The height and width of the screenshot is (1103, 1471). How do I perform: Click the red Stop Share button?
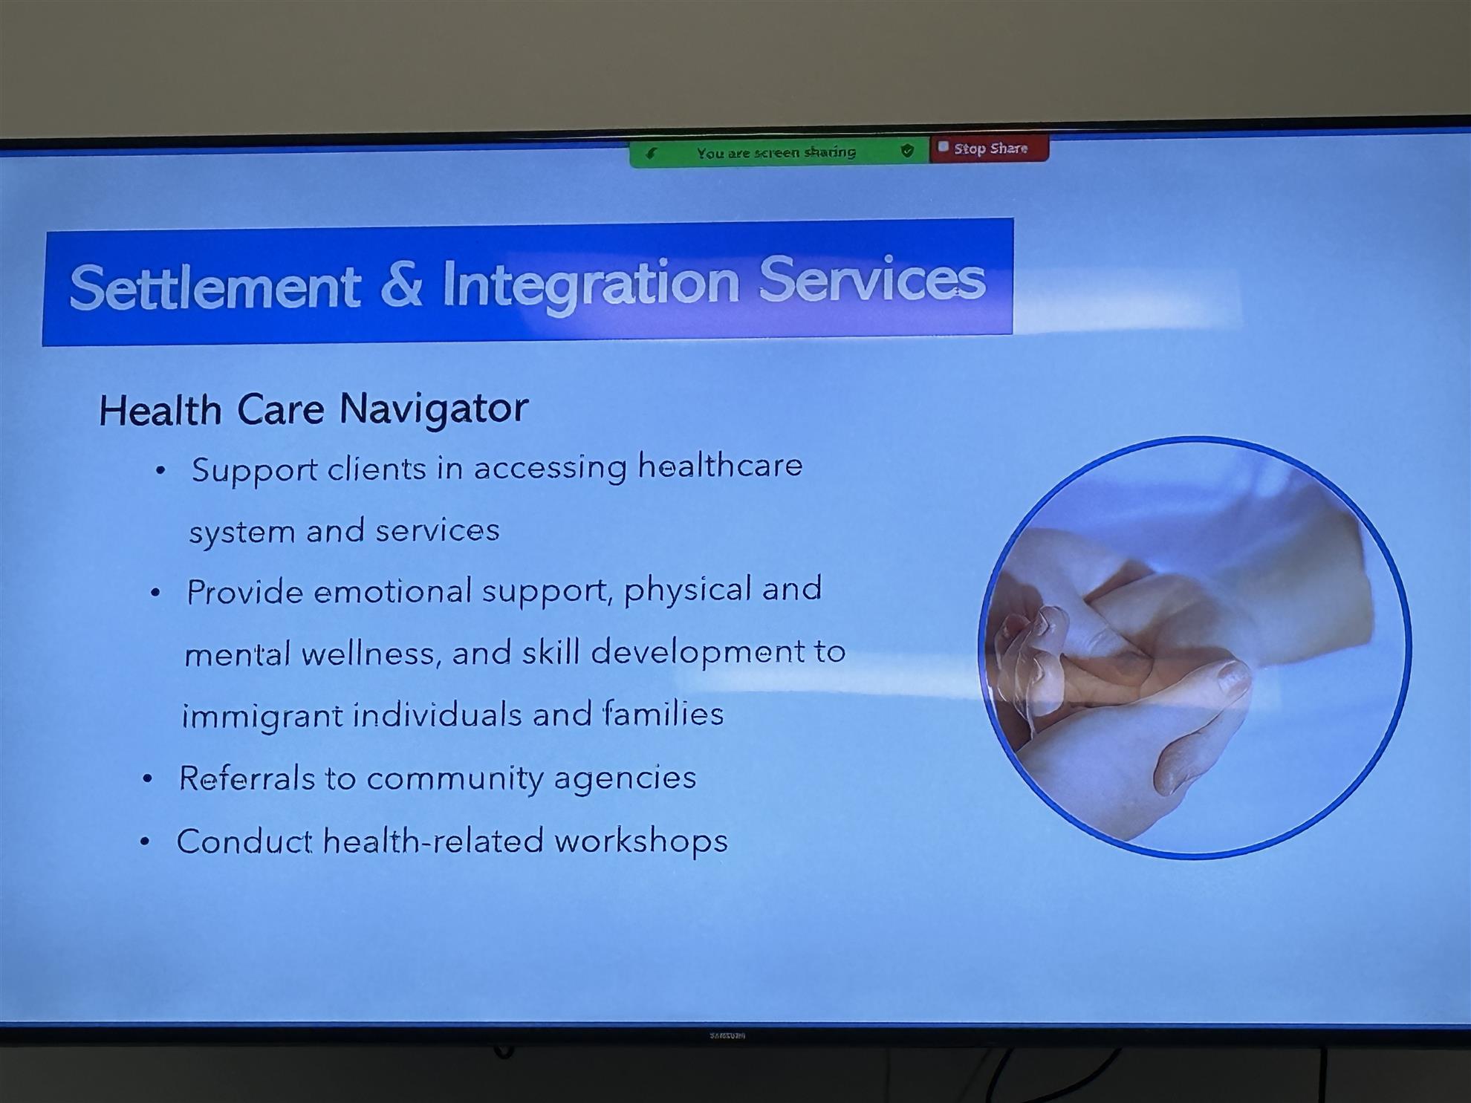point(989,148)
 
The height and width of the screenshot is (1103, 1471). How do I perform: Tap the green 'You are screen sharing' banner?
point(779,152)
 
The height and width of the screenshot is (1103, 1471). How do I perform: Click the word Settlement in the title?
point(215,287)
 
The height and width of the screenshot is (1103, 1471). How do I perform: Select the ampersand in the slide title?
point(401,284)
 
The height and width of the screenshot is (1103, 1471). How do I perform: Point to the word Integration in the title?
point(591,283)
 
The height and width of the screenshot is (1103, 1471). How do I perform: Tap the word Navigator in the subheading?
point(433,409)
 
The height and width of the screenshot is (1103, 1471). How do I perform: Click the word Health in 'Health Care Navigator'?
point(160,411)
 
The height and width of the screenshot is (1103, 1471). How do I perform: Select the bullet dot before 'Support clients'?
point(160,470)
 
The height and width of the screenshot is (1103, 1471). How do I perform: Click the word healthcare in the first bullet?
point(720,466)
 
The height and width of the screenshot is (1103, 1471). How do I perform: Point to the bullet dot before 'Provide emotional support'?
point(155,593)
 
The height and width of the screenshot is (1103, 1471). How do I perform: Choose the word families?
point(663,714)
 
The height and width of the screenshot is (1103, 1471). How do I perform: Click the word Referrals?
point(247,778)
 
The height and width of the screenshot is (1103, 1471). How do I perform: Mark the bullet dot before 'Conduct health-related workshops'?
point(145,842)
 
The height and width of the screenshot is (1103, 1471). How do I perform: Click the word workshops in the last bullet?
point(641,842)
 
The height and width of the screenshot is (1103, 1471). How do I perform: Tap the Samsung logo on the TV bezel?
point(727,1035)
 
